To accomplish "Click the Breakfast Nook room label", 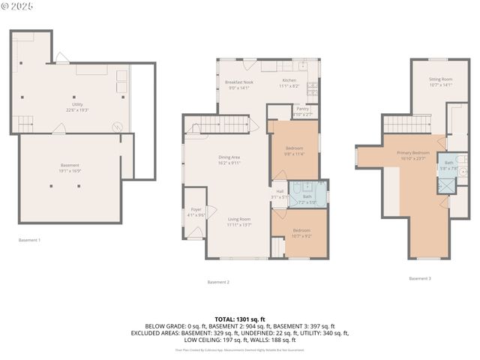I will tap(241, 82).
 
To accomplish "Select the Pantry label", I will tap(302, 109).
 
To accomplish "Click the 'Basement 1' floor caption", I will tap(30, 240).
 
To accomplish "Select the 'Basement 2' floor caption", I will tap(218, 282).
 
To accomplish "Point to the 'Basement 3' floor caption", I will tap(420, 278).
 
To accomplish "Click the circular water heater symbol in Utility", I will tap(116, 127).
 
